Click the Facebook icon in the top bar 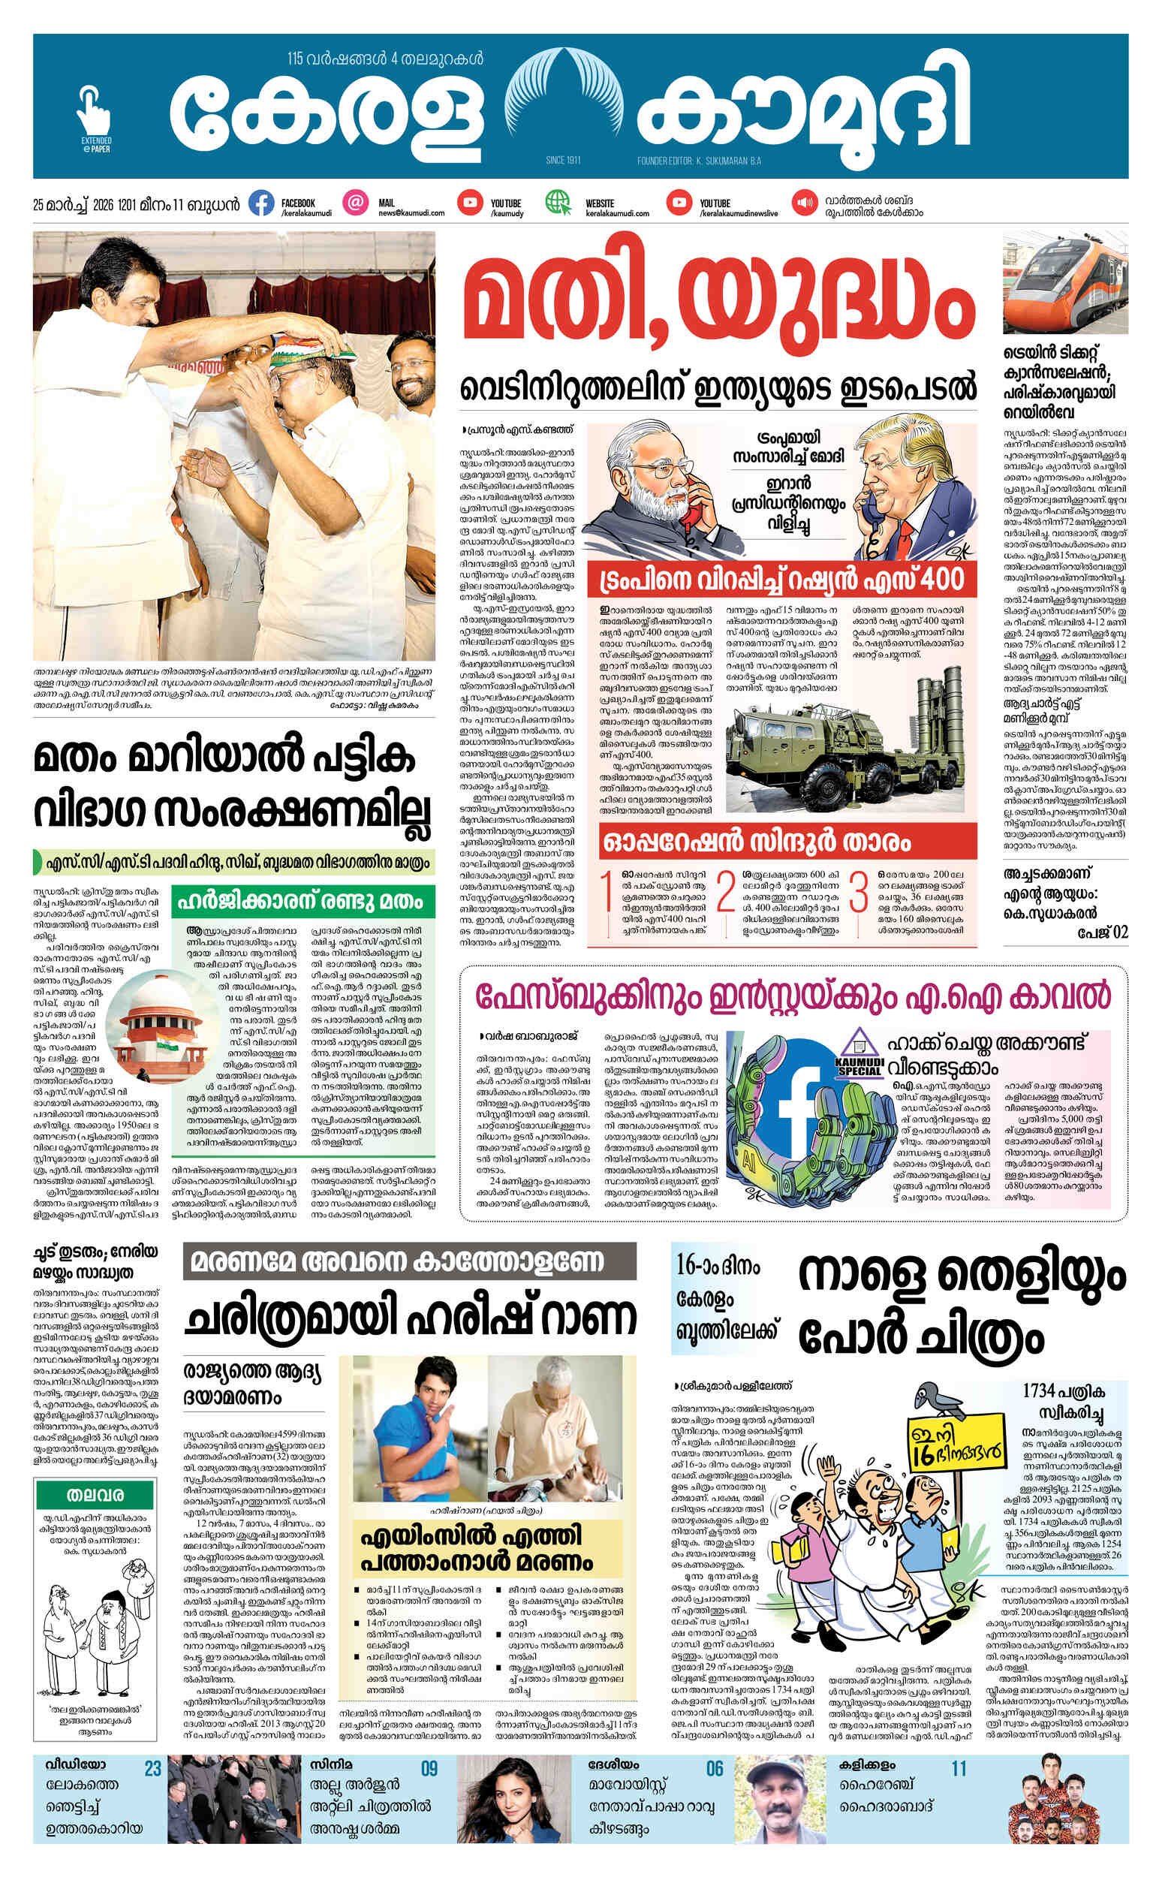point(261,203)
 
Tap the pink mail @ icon point(355,203)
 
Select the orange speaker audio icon point(805,203)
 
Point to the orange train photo point(1065,285)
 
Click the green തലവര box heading point(95,1496)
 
